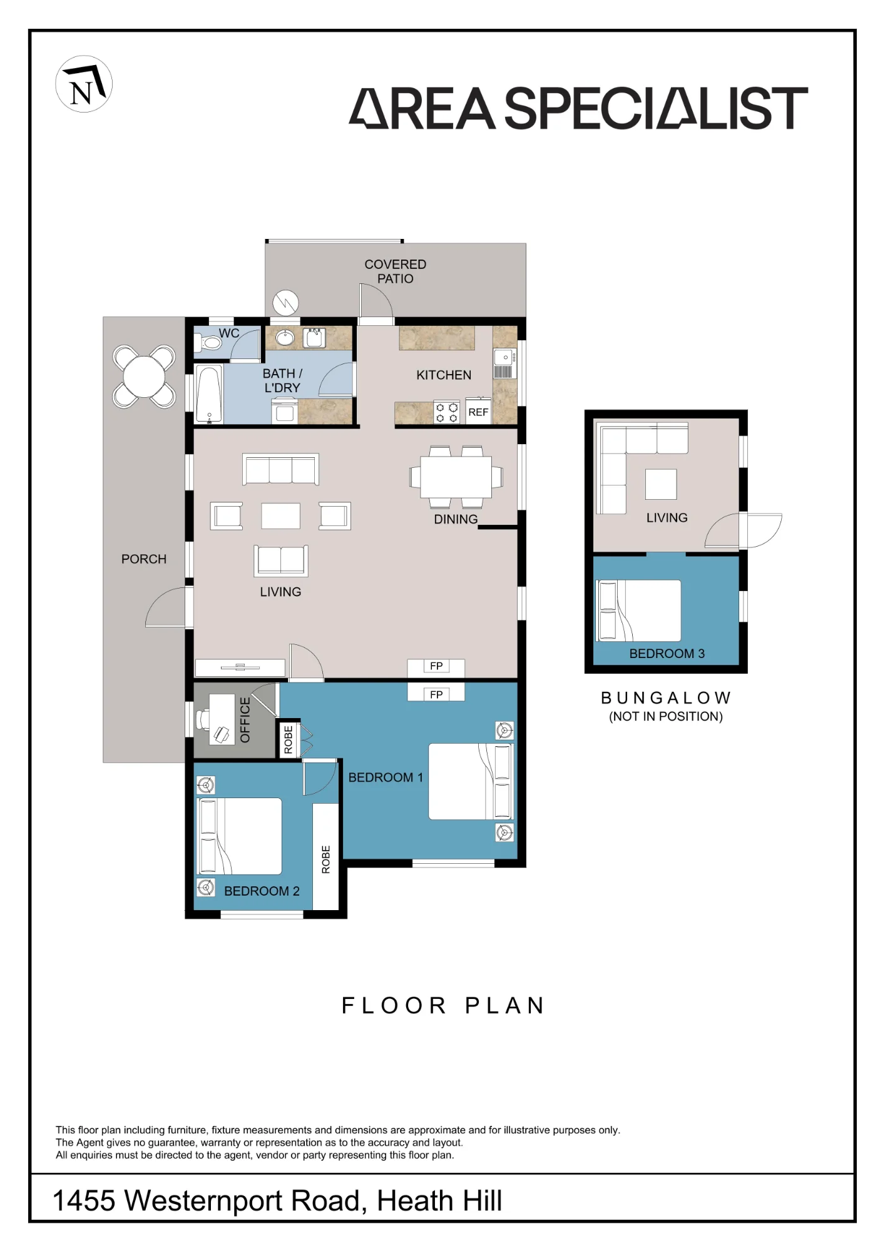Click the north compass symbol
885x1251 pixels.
pos(84,84)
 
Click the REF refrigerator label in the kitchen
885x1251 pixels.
pos(478,412)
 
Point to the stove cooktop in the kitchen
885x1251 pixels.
pos(447,413)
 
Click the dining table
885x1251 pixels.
pos(456,477)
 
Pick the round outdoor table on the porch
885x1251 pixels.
pos(144,377)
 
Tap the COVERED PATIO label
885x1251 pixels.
pos(396,271)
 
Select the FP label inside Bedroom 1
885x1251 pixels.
pos(436,694)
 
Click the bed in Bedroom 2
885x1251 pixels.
pos(240,836)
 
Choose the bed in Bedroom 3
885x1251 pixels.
pos(639,610)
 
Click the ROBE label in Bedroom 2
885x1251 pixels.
pos(325,859)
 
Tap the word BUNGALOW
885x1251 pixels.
pos(666,698)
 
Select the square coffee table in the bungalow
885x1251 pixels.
pos(661,484)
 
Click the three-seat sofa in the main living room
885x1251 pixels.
pos(281,469)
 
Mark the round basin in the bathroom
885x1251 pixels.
pos(285,338)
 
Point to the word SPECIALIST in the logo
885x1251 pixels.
pos(656,108)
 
